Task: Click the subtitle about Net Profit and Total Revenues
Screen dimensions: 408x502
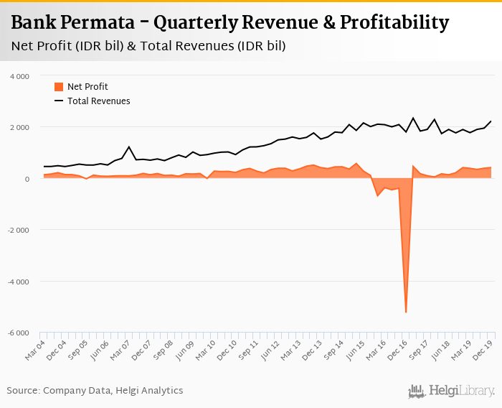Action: point(148,46)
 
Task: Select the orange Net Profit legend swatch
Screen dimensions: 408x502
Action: point(59,87)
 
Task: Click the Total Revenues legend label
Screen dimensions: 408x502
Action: point(99,101)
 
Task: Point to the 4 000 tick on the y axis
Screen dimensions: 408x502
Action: point(19,76)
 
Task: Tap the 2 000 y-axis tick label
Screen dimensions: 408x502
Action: point(19,127)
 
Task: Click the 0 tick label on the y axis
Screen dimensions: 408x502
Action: point(27,179)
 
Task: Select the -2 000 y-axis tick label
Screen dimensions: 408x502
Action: point(18,231)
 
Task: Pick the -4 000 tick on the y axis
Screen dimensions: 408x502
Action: point(18,282)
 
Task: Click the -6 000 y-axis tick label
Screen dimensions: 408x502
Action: point(18,333)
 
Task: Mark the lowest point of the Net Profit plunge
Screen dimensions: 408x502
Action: point(406,312)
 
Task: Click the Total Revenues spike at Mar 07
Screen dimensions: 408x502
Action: point(129,147)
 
